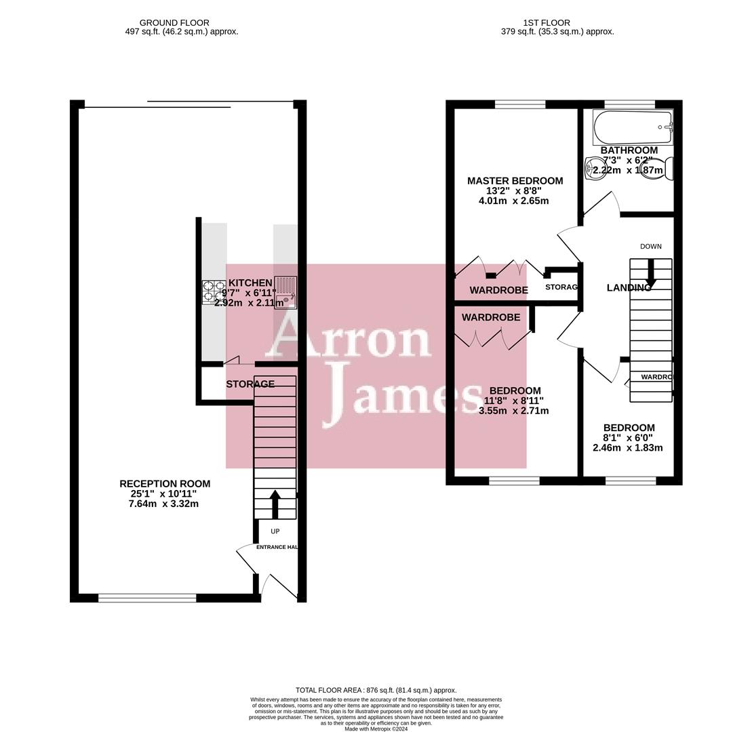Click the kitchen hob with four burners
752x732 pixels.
214,292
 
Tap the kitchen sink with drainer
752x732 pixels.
285,292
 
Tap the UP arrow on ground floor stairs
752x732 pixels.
275,504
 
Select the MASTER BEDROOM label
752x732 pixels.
515,181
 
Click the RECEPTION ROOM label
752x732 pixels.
165,484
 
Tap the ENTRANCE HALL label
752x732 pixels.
277,547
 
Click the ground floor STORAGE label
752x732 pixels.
250,384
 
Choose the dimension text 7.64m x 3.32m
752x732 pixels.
163,504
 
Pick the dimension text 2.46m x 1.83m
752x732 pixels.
627,447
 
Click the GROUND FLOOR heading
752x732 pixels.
174,22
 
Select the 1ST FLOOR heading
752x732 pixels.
546,22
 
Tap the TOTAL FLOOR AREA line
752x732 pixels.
376,690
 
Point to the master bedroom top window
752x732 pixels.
520,104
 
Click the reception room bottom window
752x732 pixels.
147,598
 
